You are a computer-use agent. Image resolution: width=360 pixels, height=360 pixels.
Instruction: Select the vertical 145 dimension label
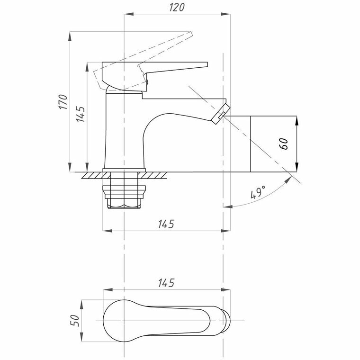[x=80, y=115]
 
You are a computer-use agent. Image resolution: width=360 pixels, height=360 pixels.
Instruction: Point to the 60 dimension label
[x=284, y=144]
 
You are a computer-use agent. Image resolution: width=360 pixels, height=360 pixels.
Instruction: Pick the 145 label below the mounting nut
[x=163, y=224]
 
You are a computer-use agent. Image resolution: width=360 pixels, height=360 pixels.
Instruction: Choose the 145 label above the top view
[x=164, y=283]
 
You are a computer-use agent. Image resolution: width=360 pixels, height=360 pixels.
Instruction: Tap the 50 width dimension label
[x=74, y=321]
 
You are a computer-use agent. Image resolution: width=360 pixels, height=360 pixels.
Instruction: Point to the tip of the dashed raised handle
[x=191, y=34]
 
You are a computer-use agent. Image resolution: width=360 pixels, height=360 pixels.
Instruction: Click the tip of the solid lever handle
[x=207, y=64]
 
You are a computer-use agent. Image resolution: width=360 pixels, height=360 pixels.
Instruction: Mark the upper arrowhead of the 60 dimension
[x=297, y=120]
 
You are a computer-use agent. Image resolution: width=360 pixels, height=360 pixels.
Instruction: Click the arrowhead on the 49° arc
[x=227, y=206]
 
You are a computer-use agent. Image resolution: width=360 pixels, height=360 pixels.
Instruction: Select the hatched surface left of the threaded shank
[x=92, y=175]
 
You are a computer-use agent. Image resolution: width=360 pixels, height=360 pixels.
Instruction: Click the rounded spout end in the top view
[x=227, y=321]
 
